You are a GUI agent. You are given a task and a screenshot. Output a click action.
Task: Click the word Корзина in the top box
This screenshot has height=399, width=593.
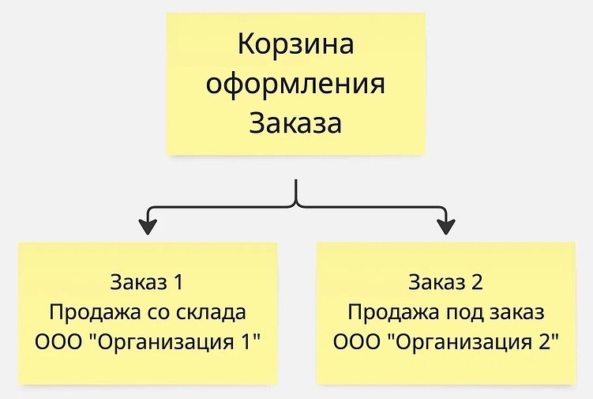pyautogui.click(x=296, y=44)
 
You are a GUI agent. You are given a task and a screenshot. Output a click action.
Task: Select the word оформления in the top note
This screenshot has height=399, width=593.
pyautogui.click(x=296, y=84)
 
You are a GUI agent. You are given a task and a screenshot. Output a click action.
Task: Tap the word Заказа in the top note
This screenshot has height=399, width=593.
pyautogui.click(x=296, y=123)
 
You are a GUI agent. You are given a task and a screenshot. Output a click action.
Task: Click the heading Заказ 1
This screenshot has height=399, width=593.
pyautogui.click(x=148, y=282)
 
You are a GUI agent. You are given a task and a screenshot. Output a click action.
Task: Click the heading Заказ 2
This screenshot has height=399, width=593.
pyautogui.click(x=445, y=282)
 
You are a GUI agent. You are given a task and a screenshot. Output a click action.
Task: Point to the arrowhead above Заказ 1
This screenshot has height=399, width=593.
pyautogui.click(x=147, y=226)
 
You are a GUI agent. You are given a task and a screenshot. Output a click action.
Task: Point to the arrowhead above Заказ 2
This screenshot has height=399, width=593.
pyautogui.click(x=446, y=226)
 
